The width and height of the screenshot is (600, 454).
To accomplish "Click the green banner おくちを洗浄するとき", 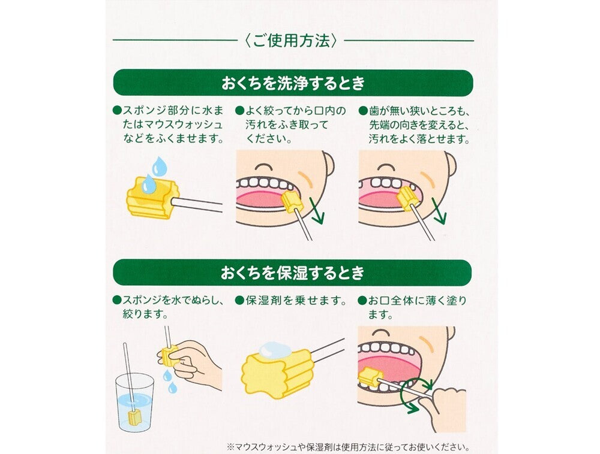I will (293, 83).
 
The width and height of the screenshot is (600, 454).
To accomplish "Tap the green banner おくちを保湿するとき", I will (293, 273).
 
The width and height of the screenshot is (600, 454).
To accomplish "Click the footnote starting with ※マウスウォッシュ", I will (347, 447).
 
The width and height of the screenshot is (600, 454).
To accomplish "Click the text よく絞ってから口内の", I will (292, 111).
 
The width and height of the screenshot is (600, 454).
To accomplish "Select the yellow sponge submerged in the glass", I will (134, 416).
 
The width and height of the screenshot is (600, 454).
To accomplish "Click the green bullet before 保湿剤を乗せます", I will (239, 299).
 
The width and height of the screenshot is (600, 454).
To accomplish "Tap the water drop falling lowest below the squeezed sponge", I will (172, 388).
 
